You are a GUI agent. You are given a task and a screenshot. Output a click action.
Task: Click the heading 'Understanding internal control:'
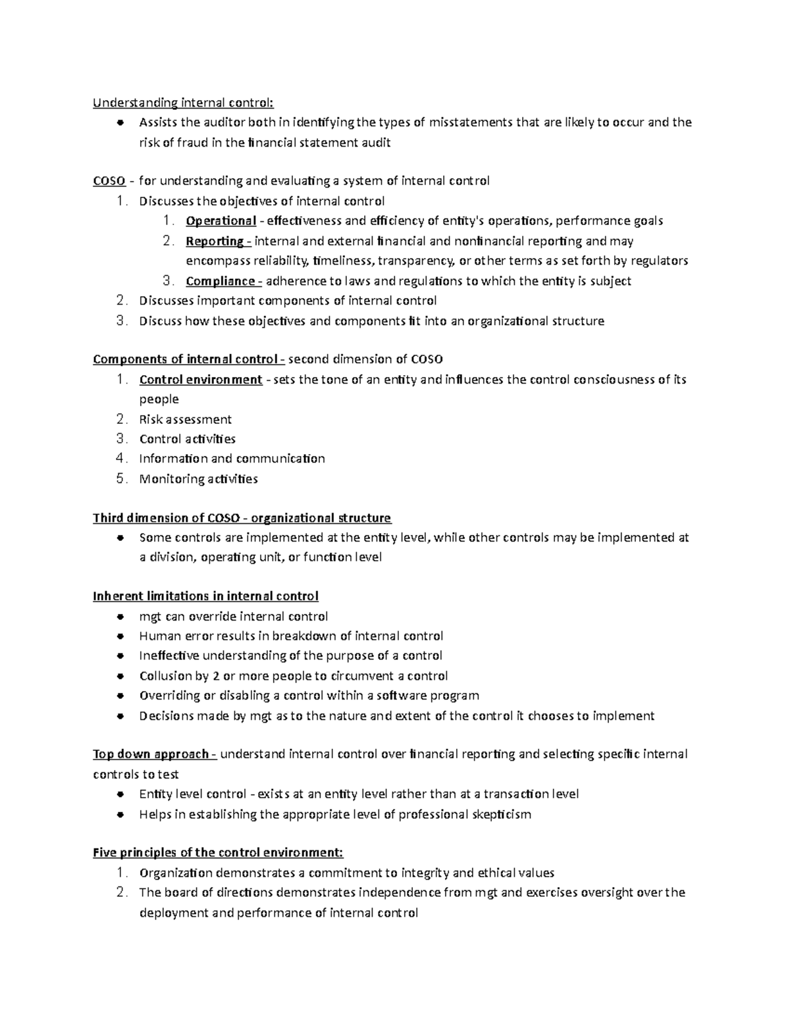click(182, 102)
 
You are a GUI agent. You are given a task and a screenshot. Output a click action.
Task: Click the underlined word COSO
click(109, 181)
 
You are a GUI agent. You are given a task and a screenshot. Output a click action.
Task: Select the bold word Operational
click(221, 221)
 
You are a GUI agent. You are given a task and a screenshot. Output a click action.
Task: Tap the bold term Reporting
click(215, 241)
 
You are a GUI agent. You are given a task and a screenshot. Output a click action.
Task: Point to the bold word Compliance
click(221, 281)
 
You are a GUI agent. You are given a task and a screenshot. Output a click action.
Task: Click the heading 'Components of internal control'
click(185, 359)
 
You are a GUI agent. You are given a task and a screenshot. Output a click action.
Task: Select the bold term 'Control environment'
click(201, 380)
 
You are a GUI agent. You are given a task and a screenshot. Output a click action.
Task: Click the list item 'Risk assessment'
click(185, 419)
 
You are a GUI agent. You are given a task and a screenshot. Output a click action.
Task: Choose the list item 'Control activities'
click(187, 439)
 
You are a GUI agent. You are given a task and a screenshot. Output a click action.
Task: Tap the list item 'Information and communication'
click(232, 459)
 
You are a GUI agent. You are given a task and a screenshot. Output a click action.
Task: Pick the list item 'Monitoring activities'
click(198, 479)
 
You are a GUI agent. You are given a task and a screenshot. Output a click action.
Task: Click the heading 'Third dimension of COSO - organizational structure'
click(242, 518)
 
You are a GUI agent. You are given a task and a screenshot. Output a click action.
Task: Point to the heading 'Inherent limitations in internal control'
click(205, 596)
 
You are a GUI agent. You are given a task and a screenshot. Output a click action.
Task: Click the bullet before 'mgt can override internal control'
click(120, 617)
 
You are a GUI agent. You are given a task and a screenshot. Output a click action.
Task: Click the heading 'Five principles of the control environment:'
click(218, 853)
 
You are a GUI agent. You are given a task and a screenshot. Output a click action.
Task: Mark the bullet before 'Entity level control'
click(120, 795)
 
